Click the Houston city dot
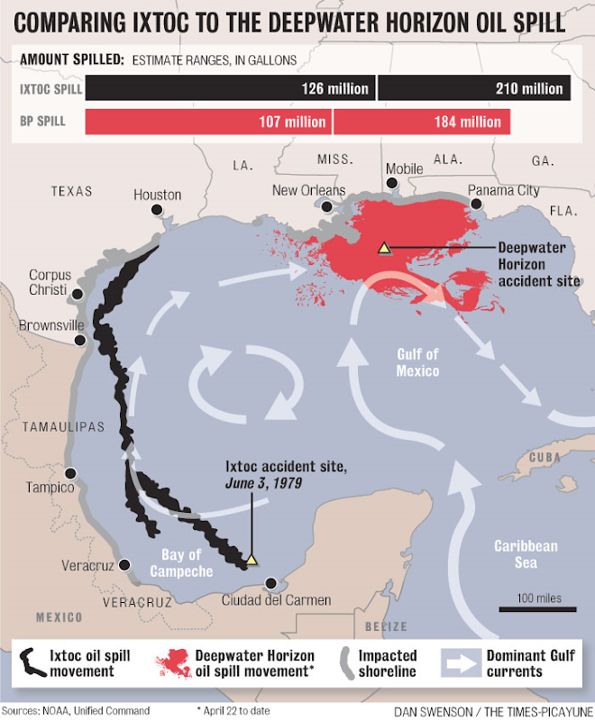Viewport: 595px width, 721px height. pos(157,210)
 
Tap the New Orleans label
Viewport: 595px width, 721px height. pos(309,190)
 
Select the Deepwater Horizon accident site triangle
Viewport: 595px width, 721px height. pos(384,246)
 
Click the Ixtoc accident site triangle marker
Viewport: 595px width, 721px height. pos(252,560)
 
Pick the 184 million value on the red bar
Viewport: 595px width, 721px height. pos(468,122)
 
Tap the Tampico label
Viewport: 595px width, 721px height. pos(49,487)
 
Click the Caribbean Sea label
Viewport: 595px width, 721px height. pos(526,554)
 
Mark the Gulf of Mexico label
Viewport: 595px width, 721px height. pos(417,362)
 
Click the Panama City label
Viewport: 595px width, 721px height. pos(504,190)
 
